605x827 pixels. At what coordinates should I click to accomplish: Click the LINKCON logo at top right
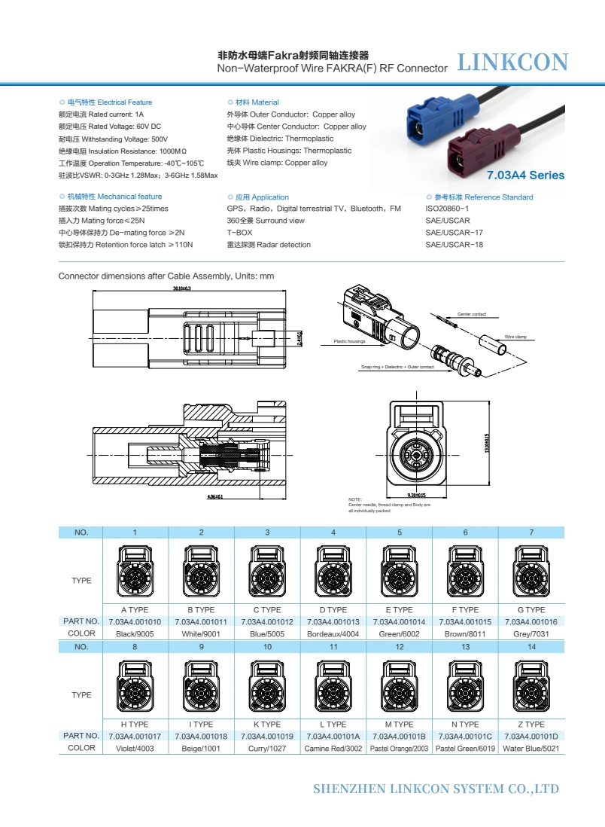coord(512,62)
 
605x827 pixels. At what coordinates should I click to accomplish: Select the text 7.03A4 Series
coord(524,175)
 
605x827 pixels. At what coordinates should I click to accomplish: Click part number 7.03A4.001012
coord(267,622)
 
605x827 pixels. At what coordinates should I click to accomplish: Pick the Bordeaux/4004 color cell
coord(333,634)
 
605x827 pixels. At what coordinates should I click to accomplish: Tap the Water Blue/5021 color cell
coord(531,749)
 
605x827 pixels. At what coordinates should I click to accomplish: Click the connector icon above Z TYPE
coord(531,685)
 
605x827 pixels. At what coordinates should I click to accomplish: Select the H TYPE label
coord(135,725)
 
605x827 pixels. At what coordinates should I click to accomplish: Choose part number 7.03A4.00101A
coord(333,737)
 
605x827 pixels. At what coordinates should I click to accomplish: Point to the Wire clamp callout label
coord(515,337)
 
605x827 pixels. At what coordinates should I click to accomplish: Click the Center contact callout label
coord(472,313)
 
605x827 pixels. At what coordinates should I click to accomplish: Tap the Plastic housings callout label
coord(349,342)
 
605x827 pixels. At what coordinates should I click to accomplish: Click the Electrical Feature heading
coord(110,102)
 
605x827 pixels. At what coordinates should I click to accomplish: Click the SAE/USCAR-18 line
coord(454,245)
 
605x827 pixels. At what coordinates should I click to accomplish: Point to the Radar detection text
coord(269,245)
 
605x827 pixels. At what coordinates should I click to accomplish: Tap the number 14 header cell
coord(531,647)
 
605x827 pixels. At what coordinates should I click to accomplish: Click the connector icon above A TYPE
coord(135,570)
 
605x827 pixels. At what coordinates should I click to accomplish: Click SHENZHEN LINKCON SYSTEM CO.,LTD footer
coord(436,789)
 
